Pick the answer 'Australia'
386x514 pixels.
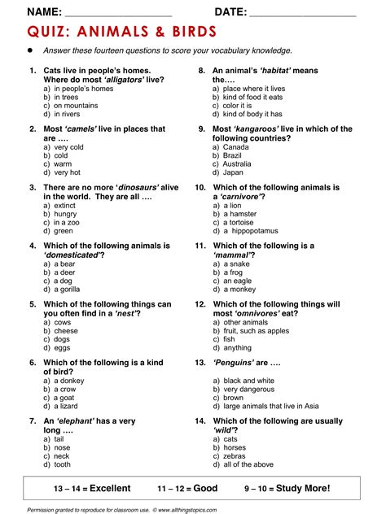click(239, 163)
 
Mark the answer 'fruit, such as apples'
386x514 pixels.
click(256, 331)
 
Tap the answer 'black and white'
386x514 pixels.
click(248, 381)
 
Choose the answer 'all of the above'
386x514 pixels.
click(248, 464)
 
